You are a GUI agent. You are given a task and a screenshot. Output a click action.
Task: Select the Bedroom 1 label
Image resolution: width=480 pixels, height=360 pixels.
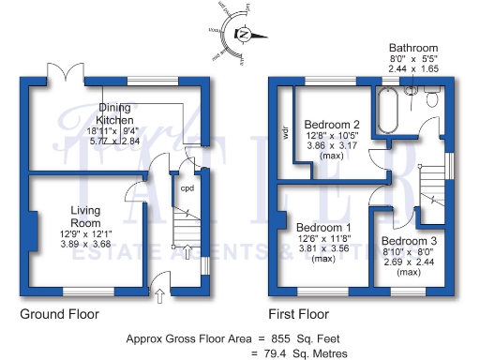pos(323,228)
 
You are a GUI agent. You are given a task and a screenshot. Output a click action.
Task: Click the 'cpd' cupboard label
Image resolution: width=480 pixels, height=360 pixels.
pos(187,185)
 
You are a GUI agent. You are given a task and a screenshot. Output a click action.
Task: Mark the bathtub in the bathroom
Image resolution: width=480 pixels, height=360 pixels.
pos(385,112)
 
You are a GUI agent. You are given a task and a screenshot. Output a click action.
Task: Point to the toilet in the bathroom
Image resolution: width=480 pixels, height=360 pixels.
pos(432,98)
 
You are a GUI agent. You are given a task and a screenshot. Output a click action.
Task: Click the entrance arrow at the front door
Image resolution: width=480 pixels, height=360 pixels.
pos(158,297)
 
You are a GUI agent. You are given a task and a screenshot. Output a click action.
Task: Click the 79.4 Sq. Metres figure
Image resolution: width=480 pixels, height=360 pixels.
pos(306,353)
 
